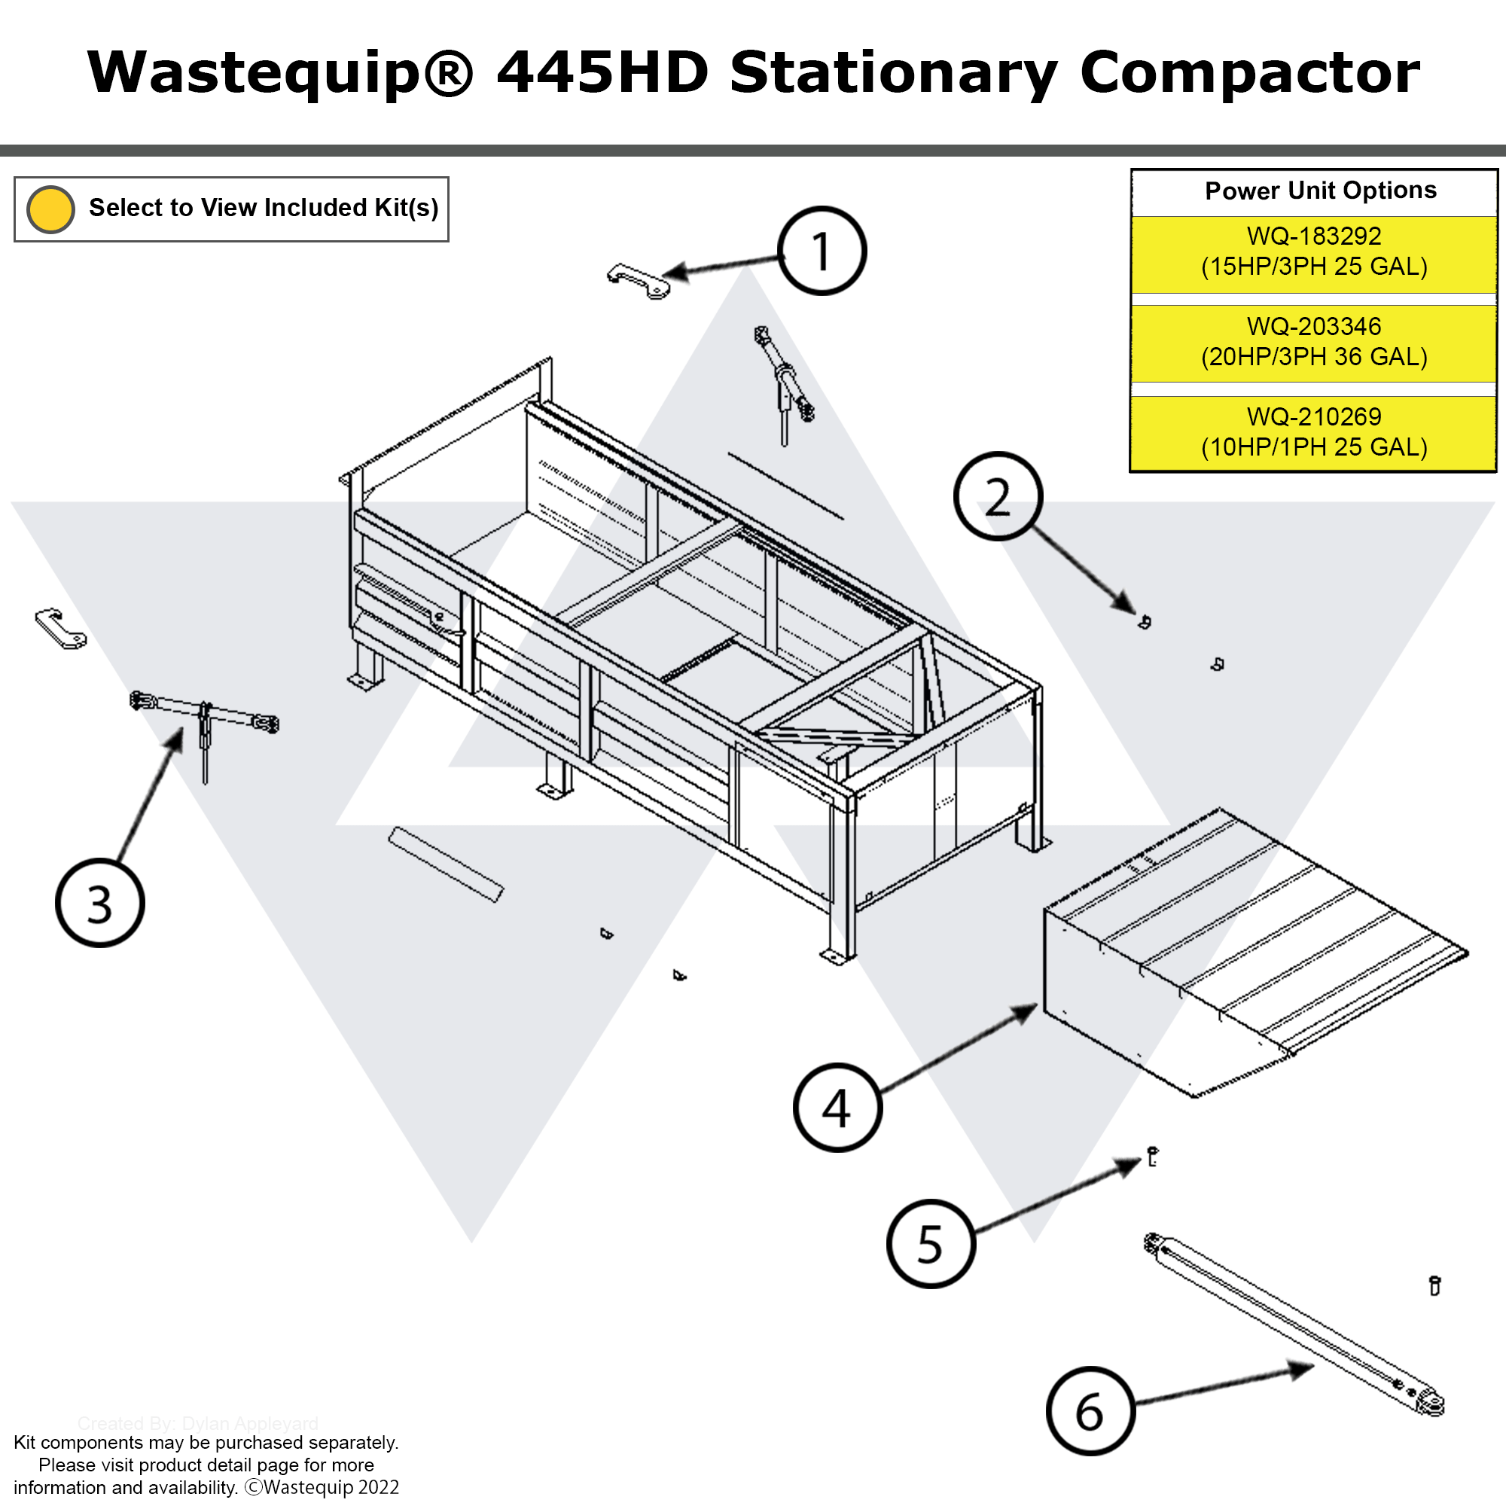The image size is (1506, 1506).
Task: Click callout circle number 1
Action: point(822,251)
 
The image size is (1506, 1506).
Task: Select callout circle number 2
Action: point(997,496)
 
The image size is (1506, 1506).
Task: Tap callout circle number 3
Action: point(100,904)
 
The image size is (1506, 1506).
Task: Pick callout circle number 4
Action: point(837,1107)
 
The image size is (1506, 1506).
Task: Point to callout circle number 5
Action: point(931,1243)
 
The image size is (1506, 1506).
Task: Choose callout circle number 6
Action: point(1090,1411)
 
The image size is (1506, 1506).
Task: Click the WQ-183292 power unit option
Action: point(1313,252)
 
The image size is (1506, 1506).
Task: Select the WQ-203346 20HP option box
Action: point(1313,342)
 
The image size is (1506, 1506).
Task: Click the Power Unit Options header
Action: point(1320,191)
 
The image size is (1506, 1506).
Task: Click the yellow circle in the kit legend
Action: point(50,209)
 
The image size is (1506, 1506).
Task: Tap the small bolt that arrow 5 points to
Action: point(1153,1156)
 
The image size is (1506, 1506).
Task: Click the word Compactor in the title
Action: point(1248,72)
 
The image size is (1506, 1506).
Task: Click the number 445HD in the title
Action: point(602,72)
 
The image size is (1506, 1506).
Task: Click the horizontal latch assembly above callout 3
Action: point(204,713)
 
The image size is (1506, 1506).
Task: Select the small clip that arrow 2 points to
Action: point(1145,621)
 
